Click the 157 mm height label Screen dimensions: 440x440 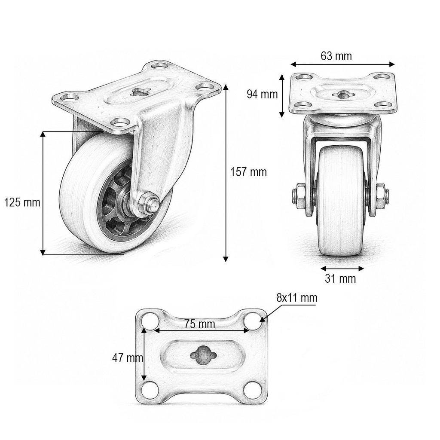pos(248,172)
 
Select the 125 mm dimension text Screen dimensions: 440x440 pos(22,202)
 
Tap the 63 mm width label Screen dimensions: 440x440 pos(336,56)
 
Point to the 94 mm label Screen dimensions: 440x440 pos(262,94)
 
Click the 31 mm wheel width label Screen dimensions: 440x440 pos(340,278)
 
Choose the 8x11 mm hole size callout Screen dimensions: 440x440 pos(297,298)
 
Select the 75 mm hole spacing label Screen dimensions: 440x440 pos(199,324)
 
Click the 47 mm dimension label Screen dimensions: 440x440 pos(128,358)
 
